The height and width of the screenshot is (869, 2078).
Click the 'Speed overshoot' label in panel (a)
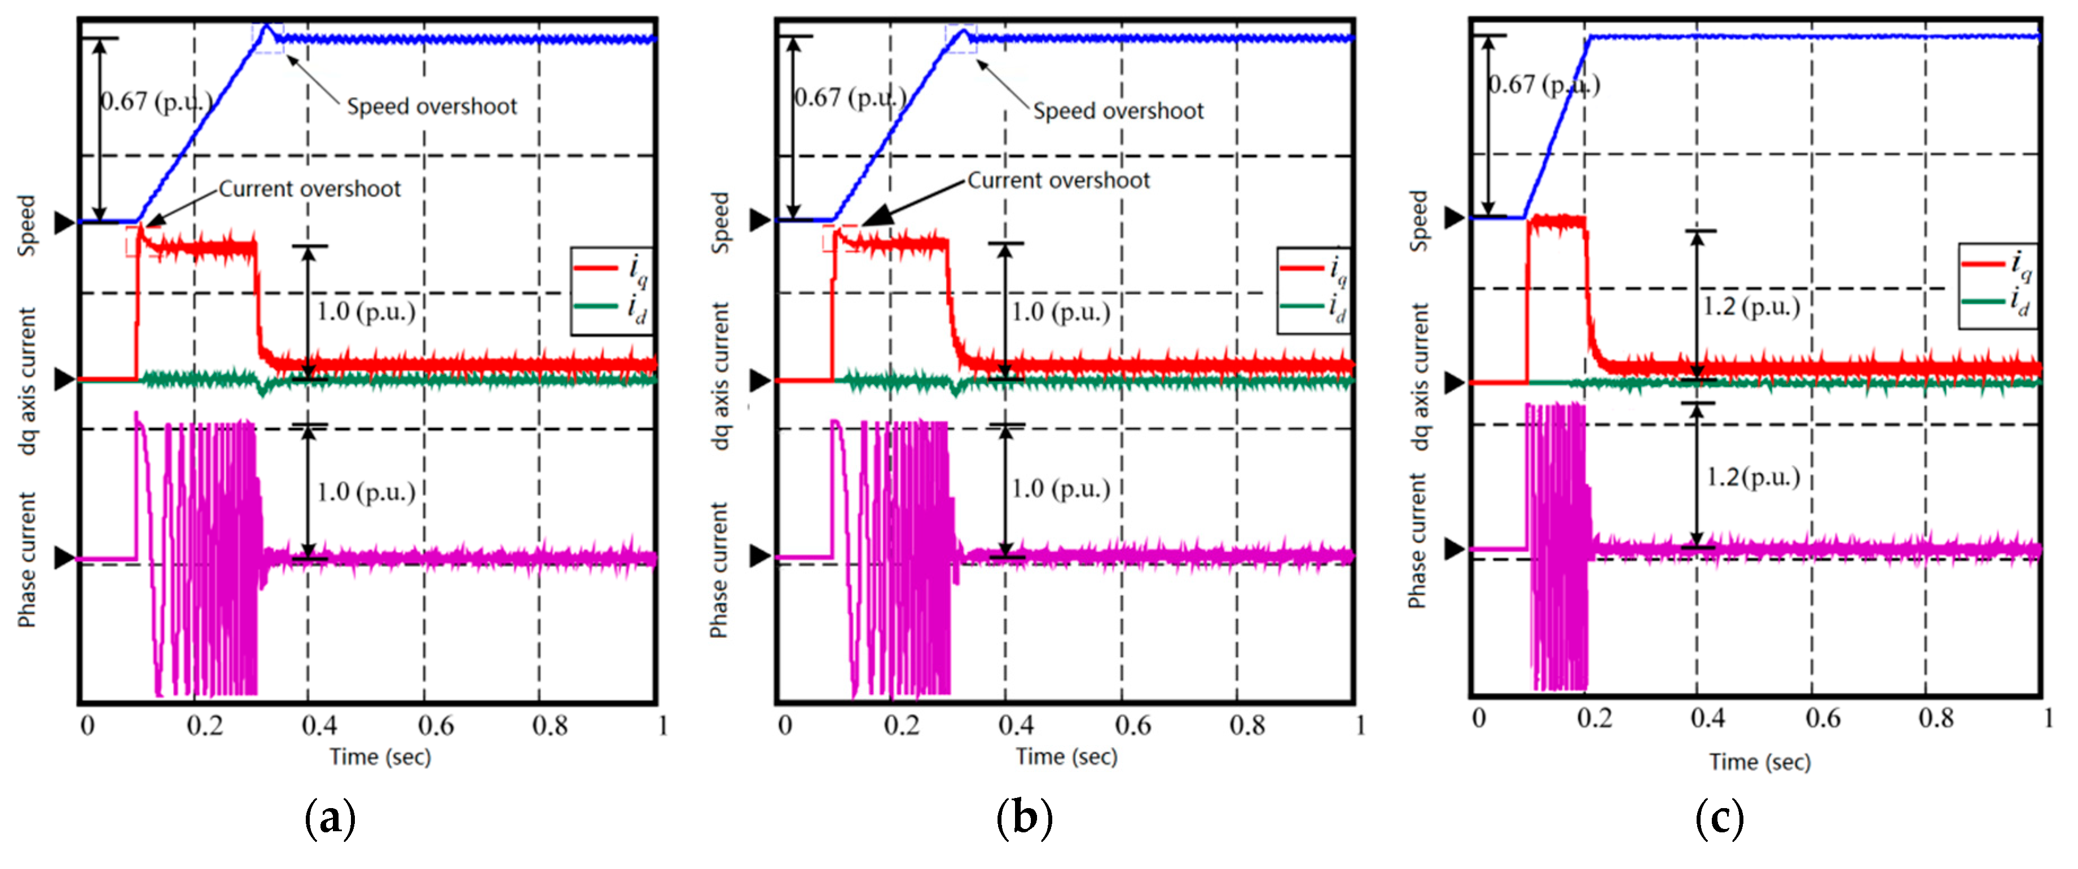click(x=432, y=107)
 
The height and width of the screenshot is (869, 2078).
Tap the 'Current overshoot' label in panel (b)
click(x=1058, y=180)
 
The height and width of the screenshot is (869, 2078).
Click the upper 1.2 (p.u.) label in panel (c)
click(x=1751, y=307)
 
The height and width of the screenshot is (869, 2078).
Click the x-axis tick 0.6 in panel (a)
click(x=436, y=726)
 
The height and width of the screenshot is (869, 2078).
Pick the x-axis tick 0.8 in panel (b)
click(x=1247, y=726)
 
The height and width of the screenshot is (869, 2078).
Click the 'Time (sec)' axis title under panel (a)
click(x=380, y=757)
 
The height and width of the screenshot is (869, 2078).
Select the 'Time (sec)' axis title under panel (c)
click(x=1759, y=762)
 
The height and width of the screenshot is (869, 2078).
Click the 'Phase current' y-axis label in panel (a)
click(x=28, y=559)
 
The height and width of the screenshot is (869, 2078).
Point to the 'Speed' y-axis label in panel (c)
click(x=1418, y=220)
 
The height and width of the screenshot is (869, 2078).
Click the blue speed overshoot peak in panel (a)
click(x=268, y=26)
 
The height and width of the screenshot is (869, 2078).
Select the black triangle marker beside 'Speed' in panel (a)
click(x=64, y=223)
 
